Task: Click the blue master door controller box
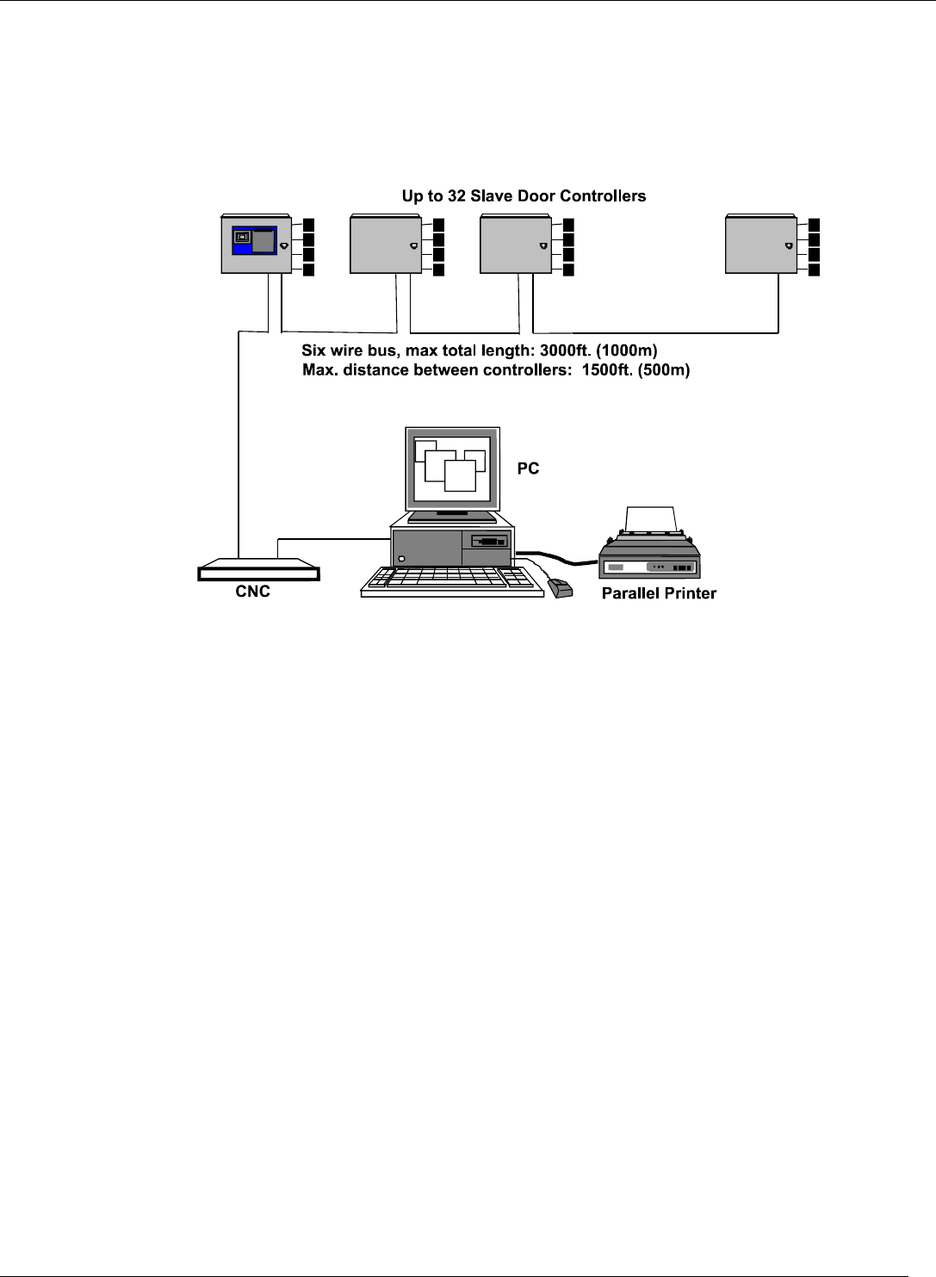point(256,245)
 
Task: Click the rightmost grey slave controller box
point(760,245)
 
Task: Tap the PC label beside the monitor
point(528,468)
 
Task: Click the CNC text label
point(252,592)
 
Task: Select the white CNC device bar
point(258,573)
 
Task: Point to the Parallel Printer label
point(659,593)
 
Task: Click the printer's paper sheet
point(653,519)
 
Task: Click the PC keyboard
point(448,580)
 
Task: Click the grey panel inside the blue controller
point(263,241)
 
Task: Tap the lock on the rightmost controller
point(787,246)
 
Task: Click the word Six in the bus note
point(313,351)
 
